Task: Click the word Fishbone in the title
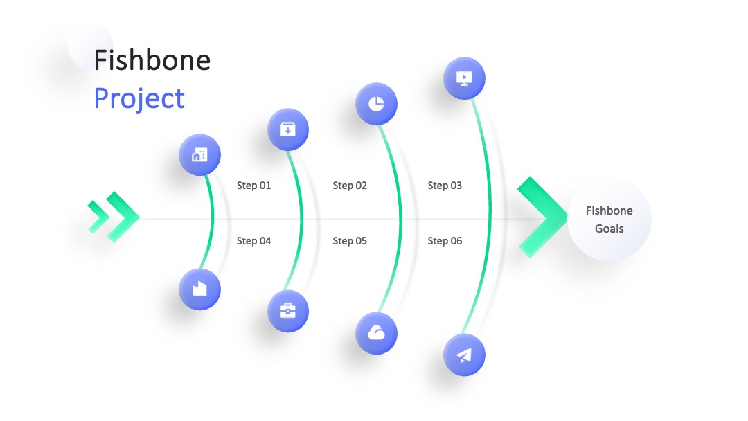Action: pos(152,60)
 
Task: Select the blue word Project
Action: pos(139,99)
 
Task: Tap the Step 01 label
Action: pos(253,186)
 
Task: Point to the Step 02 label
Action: pos(350,186)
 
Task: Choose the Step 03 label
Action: pos(445,186)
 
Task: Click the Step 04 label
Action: pos(253,241)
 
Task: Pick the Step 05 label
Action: pos(350,241)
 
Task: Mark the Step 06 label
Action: pos(445,241)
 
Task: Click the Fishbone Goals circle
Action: pos(609,220)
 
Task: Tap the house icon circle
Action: pos(200,155)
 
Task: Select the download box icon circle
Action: pos(288,129)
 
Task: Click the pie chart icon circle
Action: pos(376,103)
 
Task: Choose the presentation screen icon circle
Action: pos(464,78)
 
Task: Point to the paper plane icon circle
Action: pos(464,355)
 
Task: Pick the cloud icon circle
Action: pos(376,333)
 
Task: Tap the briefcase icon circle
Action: pos(288,311)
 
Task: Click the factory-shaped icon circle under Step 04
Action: pos(200,289)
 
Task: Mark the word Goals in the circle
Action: pos(609,229)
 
